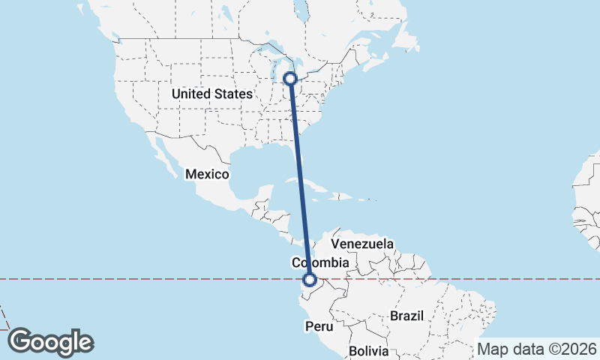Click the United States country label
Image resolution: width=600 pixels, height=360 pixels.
coord(212,94)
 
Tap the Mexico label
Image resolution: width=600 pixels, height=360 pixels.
coord(206,174)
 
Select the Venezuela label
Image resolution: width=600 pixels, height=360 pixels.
coord(362,244)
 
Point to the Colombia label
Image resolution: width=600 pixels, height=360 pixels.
coord(320,262)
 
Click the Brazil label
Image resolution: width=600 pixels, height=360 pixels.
coord(407,316)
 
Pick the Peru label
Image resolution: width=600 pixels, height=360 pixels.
coord(318,326)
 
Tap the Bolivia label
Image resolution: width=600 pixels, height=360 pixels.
coord(368,351)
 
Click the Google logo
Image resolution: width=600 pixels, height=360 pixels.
coord(50,342)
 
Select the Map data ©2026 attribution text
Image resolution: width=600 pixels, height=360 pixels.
coord(537,349)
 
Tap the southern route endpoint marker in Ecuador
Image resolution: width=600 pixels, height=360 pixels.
coord(309,280)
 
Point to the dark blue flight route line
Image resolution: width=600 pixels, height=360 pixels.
coord(300,180)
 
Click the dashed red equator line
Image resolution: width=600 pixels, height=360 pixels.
coord(150,279)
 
